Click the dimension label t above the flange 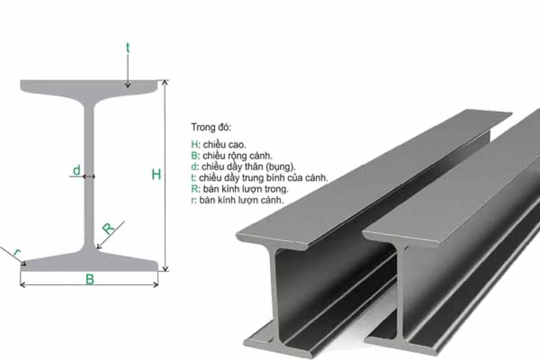128,48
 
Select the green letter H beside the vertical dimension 156,175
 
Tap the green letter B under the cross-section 90,279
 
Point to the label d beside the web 77,170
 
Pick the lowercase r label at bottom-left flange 17,253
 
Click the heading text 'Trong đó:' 211,127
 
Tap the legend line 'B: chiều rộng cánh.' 232,156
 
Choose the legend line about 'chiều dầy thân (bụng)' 243,166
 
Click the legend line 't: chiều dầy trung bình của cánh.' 259,178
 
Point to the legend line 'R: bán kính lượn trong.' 239,189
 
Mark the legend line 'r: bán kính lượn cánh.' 237,200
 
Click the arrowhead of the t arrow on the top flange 128,85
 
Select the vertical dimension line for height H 165,135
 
